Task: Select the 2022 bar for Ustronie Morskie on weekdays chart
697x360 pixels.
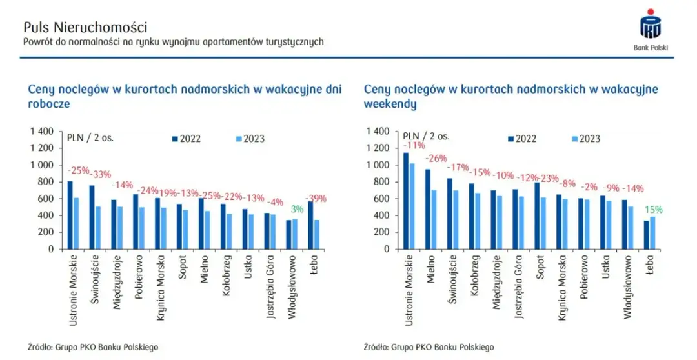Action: (x=70, y=215)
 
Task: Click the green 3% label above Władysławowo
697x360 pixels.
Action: (x=296, y=210)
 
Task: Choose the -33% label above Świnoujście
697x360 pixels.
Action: (x=101, y=174)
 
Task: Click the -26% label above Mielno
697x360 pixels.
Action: (x=436, y=158)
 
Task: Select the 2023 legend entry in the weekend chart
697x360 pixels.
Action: (x=587, y=139)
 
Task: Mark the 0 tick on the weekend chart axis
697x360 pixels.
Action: (x=385, y=249)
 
